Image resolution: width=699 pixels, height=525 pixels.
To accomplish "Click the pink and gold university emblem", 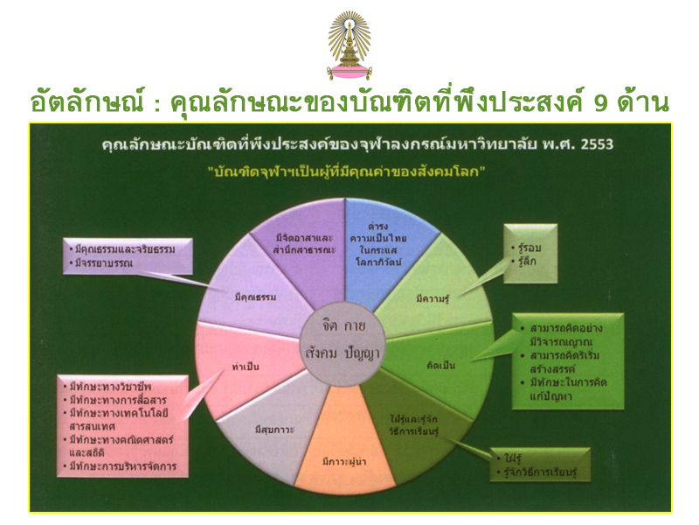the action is coord(349,45).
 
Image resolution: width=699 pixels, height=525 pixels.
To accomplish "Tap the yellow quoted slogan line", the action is coord(346,171).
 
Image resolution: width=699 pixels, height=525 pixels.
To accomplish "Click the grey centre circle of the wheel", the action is coord(343,343).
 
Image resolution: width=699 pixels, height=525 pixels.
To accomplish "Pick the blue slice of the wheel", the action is coord(384,250).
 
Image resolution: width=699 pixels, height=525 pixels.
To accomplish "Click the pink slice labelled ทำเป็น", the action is coord(246,366).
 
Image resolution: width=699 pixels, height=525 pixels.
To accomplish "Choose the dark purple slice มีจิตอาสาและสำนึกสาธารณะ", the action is coord(303,246).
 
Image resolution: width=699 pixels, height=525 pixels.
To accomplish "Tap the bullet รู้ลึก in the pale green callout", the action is coord(524,262).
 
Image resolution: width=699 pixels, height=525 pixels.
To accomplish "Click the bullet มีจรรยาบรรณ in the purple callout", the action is coord(101,263).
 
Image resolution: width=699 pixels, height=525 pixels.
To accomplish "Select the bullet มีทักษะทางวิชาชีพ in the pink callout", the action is coord(107,386).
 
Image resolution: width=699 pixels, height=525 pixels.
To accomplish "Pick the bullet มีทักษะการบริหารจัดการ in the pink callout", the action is coord(120,466).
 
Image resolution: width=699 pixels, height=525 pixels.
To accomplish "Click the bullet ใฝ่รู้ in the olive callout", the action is coord(509,458).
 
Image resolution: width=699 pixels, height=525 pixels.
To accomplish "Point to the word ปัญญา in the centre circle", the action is coord(362,353).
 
